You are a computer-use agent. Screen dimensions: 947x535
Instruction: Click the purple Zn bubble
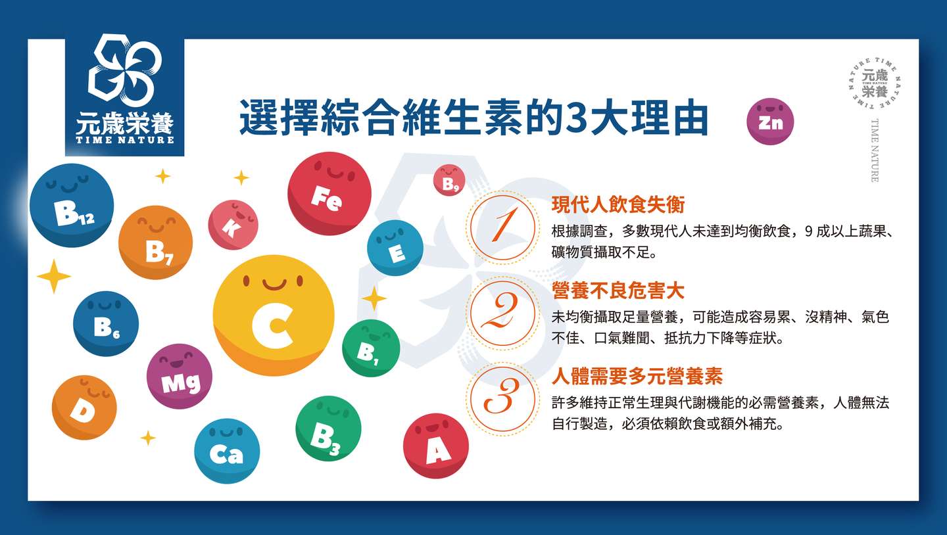coord(770,122)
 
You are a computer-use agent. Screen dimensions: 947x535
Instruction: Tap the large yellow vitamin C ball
coord(274,315)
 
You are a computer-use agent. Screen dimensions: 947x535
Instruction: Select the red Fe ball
coord(329,193)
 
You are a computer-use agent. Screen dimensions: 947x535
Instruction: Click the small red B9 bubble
coord(449,181)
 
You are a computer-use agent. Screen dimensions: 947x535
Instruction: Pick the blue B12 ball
coord(72,205)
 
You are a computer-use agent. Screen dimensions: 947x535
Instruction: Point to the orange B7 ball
coord(156,243)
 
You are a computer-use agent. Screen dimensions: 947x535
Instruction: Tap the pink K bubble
coord(233,225)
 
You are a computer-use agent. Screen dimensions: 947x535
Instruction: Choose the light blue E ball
coord(395,248)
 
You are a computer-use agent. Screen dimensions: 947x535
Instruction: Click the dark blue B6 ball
coord(106,324)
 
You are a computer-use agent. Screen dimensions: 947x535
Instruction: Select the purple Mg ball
coord(180,377)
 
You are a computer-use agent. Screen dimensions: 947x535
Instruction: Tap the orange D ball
coord(84,407)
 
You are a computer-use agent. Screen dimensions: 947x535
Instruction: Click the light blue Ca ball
coord(227,451)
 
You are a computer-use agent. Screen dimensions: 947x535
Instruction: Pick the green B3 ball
coord(329,429)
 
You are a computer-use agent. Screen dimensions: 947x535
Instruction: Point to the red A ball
coord(436,446)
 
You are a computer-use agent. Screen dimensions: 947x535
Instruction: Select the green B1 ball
coord(371,348)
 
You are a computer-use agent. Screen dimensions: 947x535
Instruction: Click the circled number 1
coord(502,227)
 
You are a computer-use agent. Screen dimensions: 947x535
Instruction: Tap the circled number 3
coord(502,399)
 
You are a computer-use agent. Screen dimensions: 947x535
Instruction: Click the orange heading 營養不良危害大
coord(618,291)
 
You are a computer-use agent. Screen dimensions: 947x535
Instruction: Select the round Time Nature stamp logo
coord(874,83)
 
